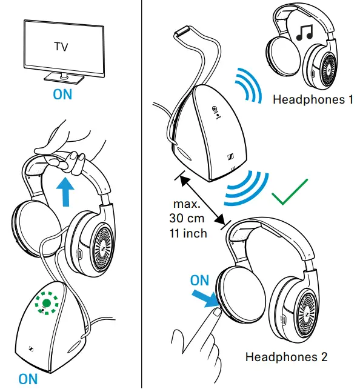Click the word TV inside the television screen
click(x=61, y=46)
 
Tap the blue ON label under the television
click(x=62, y=95)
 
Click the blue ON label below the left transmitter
click(x=28, y=379)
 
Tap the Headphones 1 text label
click(x=313, y=99)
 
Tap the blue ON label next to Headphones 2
click(x=200, y=281)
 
